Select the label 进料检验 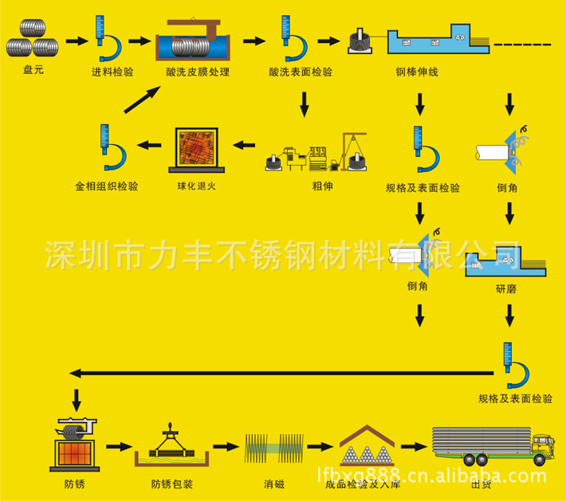[112, 72]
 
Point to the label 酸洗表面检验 [301, 72]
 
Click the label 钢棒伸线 [417, 72]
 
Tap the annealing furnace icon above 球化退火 [196, 150]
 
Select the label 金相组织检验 [107, 187]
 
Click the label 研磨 [505, 289]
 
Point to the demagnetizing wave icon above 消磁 [273, 451]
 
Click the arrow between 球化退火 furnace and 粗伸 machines [244, 146]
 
